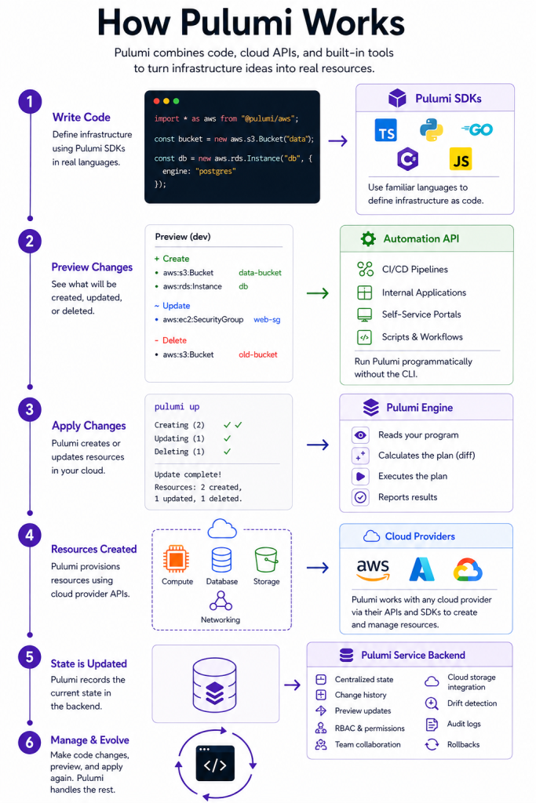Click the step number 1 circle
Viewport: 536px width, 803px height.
pyautogui.click(x=30, y=101)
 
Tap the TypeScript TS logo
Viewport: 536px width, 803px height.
pyautogui.click(x=386, y=130)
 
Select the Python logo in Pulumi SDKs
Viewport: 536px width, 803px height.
pyautogui.click(x=432, y=130)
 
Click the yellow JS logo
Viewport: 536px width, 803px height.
pyautogui.click(x=461, y=159)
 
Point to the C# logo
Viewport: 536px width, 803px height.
pyautogui.click(x=408, y=159)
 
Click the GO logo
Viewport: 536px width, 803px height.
pyautogui.click(x=477, y=129)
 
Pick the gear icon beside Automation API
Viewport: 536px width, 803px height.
pyautogui.click(x=368, y=238)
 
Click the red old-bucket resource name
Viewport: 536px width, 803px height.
pyautogui.click(x=257, y=354)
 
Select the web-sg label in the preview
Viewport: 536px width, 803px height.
pyautogui.click(x=267, y=320)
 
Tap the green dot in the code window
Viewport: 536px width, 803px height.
pyautogui.click(x=177, y=101)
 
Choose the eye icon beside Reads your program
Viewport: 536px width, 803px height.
pyautogui.click(x=361, y=435)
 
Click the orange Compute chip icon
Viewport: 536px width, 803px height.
pyautogui.click(x=176, y=558)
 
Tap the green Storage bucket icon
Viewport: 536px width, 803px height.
pyautogui.click(x=266, y=559)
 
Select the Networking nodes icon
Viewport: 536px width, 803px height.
pyautogui.click(x=221, y=601)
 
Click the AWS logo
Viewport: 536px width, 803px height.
pyautogui.click(x=373, y=569)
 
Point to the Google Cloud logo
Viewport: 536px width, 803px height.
pyautogui.click(x=468, y=569)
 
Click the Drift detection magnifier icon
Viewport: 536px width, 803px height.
pyautogui.click(x=432, y=703)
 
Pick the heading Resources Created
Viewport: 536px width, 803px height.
pyautogui.click(x=93, y=549)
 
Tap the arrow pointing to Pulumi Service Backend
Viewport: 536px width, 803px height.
pyautogui.click(x=292, y=685)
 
